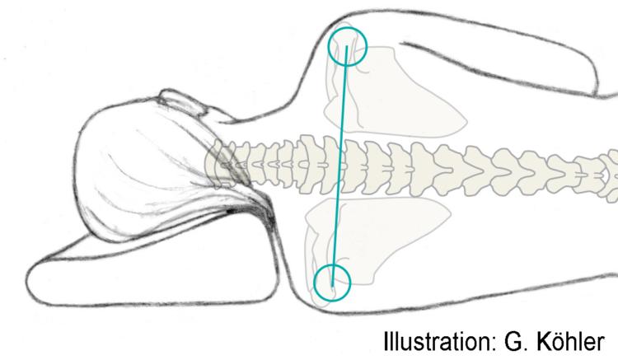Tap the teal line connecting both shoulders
339,166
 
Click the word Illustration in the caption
437,341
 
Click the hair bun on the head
182,101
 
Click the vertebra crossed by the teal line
335,166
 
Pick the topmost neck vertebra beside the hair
220,166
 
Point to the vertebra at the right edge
610,173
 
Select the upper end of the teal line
347,46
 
